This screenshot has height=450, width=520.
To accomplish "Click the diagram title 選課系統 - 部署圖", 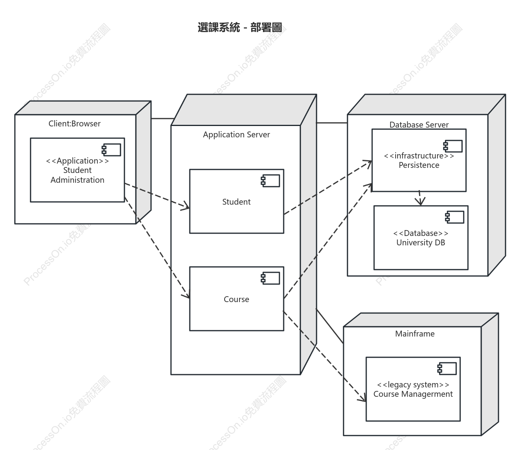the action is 240,27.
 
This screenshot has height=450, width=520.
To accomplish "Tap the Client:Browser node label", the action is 74,124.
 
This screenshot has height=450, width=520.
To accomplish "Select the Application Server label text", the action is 236,135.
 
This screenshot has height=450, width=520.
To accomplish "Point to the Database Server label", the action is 419,124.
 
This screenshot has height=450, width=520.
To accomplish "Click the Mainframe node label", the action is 415,333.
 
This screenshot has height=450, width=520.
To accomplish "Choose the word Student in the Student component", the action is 236,202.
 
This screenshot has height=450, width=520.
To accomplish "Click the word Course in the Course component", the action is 236,299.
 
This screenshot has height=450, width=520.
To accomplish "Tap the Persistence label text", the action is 419,165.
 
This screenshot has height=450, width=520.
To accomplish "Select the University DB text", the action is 421,243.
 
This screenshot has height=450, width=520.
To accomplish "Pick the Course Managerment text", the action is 413,394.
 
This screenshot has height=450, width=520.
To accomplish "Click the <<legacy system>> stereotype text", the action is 413,385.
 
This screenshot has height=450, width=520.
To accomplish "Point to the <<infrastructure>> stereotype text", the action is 419,156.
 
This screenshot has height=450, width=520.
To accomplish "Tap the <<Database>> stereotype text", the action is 421,233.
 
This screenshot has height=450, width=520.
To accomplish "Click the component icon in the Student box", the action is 270,181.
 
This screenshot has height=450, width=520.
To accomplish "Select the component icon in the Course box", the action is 270,278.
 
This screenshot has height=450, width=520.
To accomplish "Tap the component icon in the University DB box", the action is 454,217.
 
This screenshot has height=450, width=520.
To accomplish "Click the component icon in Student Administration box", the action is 111,150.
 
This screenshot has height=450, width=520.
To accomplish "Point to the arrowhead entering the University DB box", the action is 420,202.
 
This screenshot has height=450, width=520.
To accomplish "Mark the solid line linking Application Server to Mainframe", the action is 330,326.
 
